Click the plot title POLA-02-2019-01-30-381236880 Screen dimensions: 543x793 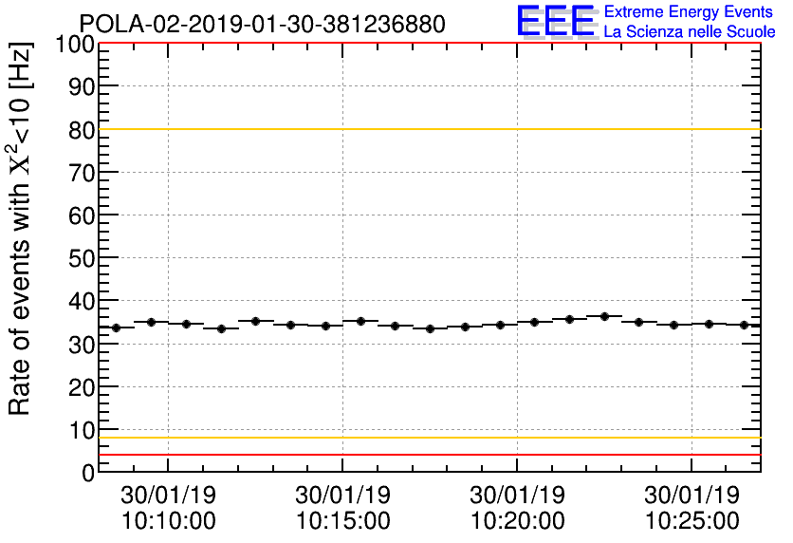(x=262, y=24)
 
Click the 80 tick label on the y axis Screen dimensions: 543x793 (x=81, y=130)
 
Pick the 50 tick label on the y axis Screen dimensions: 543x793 (x=81, y=258)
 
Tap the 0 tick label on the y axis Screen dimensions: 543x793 (x=88, y=472)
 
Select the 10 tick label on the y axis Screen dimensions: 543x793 (x=81, y=429)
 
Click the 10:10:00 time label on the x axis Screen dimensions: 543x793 (x=169, y=521)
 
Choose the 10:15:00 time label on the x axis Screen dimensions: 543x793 (x=343, y=521)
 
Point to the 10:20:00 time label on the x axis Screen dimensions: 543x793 (x=518, y=521)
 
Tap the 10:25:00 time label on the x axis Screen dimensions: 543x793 (x=692, y=521)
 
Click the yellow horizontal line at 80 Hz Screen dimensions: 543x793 (x=427, y=129)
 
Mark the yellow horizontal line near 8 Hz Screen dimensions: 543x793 (x=427, y=438)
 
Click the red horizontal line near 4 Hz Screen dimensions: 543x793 (x=427, y=455)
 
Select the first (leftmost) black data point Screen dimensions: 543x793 (x=117, y=328)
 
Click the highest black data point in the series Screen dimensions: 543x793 (x=604, y=316)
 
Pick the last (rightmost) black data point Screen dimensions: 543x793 (x=744, y=325)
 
